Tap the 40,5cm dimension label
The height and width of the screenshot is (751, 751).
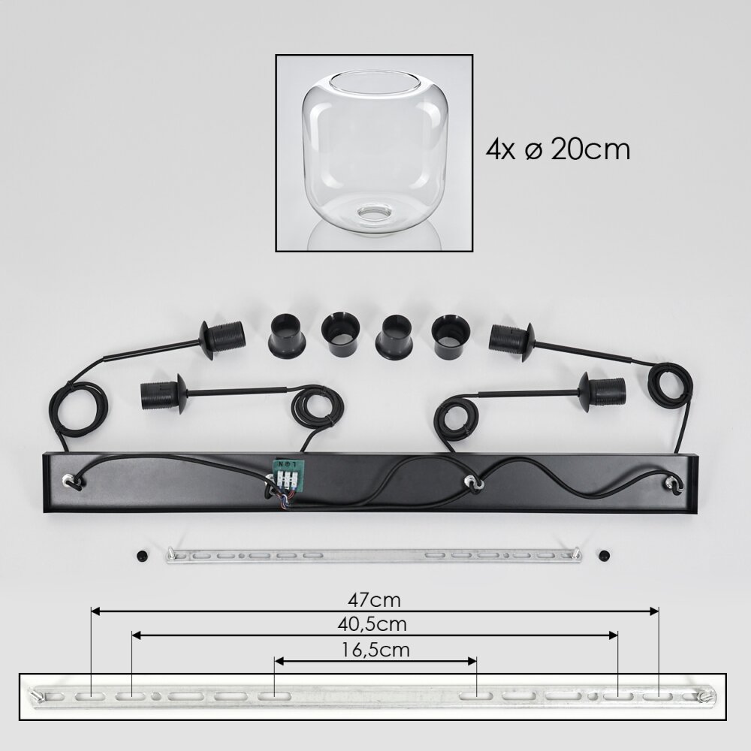tap(372, 624)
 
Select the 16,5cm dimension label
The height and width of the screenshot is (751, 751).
tap(375, 650)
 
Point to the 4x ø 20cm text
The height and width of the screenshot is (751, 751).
tap(557, 149)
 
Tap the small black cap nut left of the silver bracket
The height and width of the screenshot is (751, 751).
tap(142, 556)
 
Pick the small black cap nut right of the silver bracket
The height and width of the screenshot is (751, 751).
tap(605, 556)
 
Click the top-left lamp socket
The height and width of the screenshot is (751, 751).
tap(223, 338)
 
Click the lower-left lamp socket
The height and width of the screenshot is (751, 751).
tap(164, 394)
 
